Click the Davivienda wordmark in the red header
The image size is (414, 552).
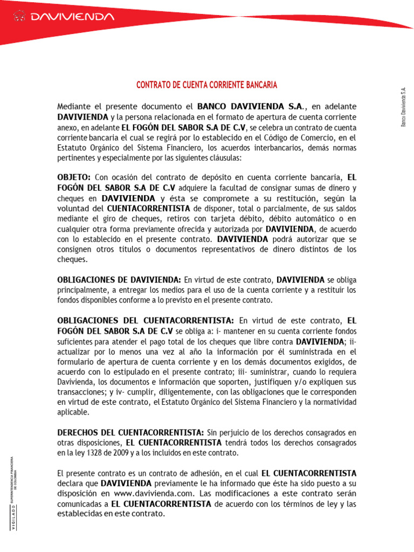coord(72,17)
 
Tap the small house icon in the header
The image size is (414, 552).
coord(20,17)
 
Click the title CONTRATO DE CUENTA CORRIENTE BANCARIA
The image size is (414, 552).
coord(206,85)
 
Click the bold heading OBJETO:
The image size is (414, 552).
coord(74,177)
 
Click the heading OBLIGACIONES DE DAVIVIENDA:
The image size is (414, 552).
coord(119,280)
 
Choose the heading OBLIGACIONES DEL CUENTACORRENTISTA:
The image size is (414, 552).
coord(146,320)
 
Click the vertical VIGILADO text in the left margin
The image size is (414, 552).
coord(13,512)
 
